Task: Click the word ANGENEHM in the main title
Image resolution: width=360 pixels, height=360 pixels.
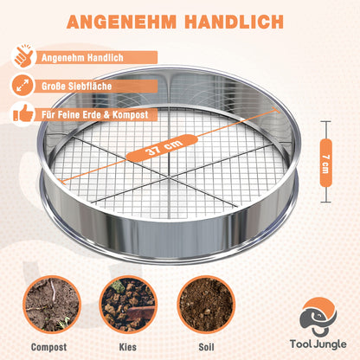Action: pyautogui.click(x=121, y=22)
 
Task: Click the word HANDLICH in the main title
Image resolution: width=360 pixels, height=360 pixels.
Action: pyautogui.click(x=234, y=22)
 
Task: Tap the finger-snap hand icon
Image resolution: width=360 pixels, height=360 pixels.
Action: pyautogui.click(x=23, y=57)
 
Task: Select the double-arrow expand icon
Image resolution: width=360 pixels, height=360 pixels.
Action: pyautogui.click(x=22, y=86)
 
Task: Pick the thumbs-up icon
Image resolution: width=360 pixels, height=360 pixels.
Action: pyautogui.click(x=22, y=114)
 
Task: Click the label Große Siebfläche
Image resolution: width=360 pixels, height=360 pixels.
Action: pyautogui.click(x=76, y=86)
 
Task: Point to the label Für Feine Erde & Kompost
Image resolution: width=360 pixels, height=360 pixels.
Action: pyautogui.click(x=94, y=114)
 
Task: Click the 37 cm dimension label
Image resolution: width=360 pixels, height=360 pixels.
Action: pyautogui.click(x=162, y=148)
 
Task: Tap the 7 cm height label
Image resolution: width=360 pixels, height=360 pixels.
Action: pyautogui.click(x=325, y=163)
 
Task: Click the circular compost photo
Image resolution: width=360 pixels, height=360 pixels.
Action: pyautogui.click(x=52, y=305)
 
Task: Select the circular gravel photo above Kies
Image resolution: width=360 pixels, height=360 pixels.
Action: pyautogui.click(x=128, y=305)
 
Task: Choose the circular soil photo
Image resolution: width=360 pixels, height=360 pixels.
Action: pyautogui.click(x=206, y=305)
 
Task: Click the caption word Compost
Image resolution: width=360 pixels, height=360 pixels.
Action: pyautogui.click(x=48, y=347)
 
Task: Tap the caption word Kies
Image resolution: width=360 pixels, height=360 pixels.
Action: pyautogui.click(x=128, y=347)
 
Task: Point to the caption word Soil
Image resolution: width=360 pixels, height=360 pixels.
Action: pyautogui.click(x=206, y=347)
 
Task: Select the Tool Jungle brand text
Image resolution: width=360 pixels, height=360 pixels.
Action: pyautogui.click(x=318, y=344)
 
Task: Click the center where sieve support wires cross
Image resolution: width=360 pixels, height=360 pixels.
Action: pyautogui.click(x=168, y=177)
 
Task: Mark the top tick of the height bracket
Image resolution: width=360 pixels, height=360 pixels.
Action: pyautogui.click(x=326, y=122)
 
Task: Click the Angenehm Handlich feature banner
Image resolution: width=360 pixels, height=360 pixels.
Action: pyautogui.click(x=96, y=57)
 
